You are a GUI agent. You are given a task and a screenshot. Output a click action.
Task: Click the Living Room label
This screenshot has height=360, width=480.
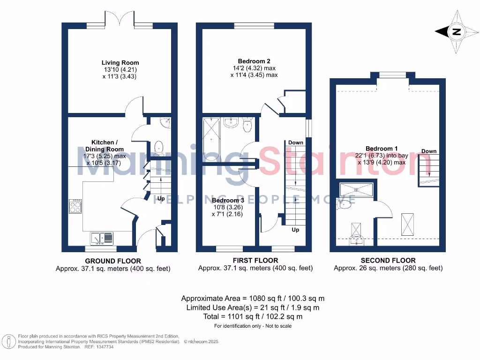tap(120, 63)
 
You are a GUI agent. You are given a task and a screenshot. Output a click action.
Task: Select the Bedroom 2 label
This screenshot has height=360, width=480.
tap(254, 61)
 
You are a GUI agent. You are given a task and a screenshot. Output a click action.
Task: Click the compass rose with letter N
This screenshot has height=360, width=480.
tap(454, 32)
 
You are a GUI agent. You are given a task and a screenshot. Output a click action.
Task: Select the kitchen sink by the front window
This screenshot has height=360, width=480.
tap(103, 239)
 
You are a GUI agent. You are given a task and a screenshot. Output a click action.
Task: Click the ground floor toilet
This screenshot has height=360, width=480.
tap(158, 147)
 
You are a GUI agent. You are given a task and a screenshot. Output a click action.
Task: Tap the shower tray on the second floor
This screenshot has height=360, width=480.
tap(356, 189)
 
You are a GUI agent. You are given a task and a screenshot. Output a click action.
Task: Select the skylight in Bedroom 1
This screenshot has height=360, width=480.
tap(407, 225)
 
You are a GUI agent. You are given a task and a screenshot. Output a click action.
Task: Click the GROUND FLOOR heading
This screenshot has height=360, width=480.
tap(112, 261)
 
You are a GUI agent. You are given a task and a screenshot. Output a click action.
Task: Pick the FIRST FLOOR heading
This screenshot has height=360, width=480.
tap(255, 261)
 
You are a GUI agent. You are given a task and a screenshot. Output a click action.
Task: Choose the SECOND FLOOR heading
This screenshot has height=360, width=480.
tap(388, 261)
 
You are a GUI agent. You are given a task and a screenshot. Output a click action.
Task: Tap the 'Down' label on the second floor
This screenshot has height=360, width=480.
tap(428, 151)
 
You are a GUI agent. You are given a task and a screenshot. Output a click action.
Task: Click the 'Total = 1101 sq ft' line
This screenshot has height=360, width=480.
tap(253, 317)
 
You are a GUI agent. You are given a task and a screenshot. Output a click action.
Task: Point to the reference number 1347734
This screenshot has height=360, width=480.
tap(105, 347)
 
